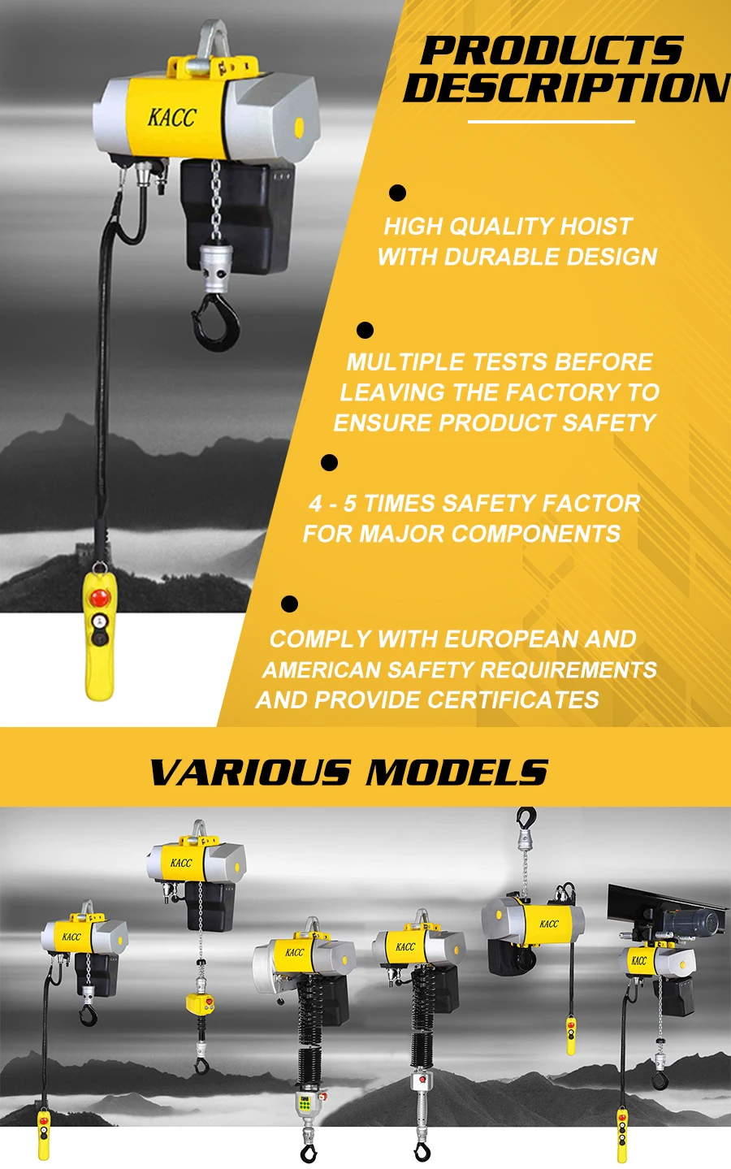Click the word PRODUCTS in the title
pyautogui.click(x=551, y=51)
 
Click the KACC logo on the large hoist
pyautogui.click(x=171, y=118)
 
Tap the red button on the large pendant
pyautogui.click(x=99, y=598)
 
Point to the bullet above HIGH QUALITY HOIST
pyautogui.click(x=397, y=193)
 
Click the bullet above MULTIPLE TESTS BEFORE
pyautogui.click(x=365, y=330)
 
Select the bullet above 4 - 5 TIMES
pyautogui.click(x=329, y=462)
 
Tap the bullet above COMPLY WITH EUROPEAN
pyautogui.click(x=289, y=604)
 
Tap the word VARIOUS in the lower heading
pyautogui.click(x=250, y=773)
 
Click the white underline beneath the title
pyautogui.click(x=551, y=123)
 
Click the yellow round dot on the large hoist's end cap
pyautogui.click(x=299, y=127)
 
